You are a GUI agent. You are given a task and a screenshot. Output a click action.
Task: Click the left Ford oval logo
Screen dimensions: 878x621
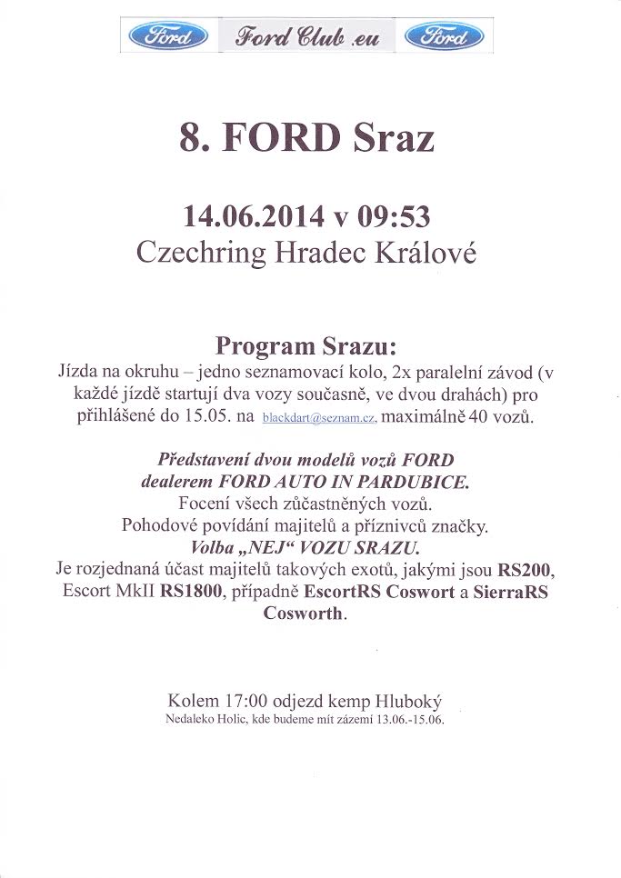[x=168, y=36]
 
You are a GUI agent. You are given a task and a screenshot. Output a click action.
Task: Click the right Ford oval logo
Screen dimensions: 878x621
[x=443, y=36]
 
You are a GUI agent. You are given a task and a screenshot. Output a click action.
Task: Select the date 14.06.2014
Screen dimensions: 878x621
[x=253, y=216]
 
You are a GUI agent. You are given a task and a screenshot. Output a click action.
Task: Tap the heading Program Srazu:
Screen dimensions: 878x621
[x=306, y=347]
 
